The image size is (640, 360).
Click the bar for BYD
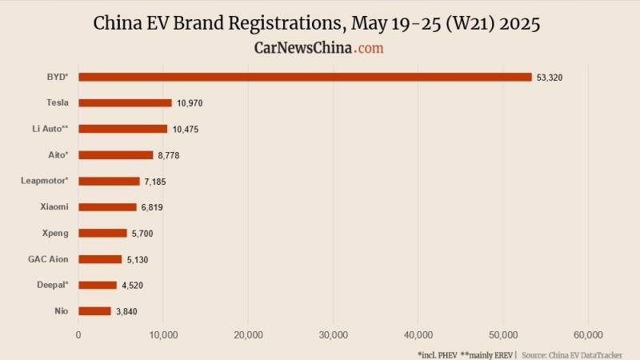point(305,77)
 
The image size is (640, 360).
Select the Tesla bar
point(125,102)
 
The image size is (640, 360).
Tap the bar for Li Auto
point(122,129)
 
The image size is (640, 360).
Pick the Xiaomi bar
point(107,207)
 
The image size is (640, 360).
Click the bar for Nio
point(94,311)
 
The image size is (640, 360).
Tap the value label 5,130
point(138,259)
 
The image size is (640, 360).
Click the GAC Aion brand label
point(48,259)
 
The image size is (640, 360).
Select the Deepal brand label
point(52,285)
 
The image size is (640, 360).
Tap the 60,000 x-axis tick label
point(588,335)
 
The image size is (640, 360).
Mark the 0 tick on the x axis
point(78,335)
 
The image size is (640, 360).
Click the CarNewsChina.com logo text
point(318,48)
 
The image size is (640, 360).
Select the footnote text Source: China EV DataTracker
point(571,354)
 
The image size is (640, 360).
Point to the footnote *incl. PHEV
point(436,354)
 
